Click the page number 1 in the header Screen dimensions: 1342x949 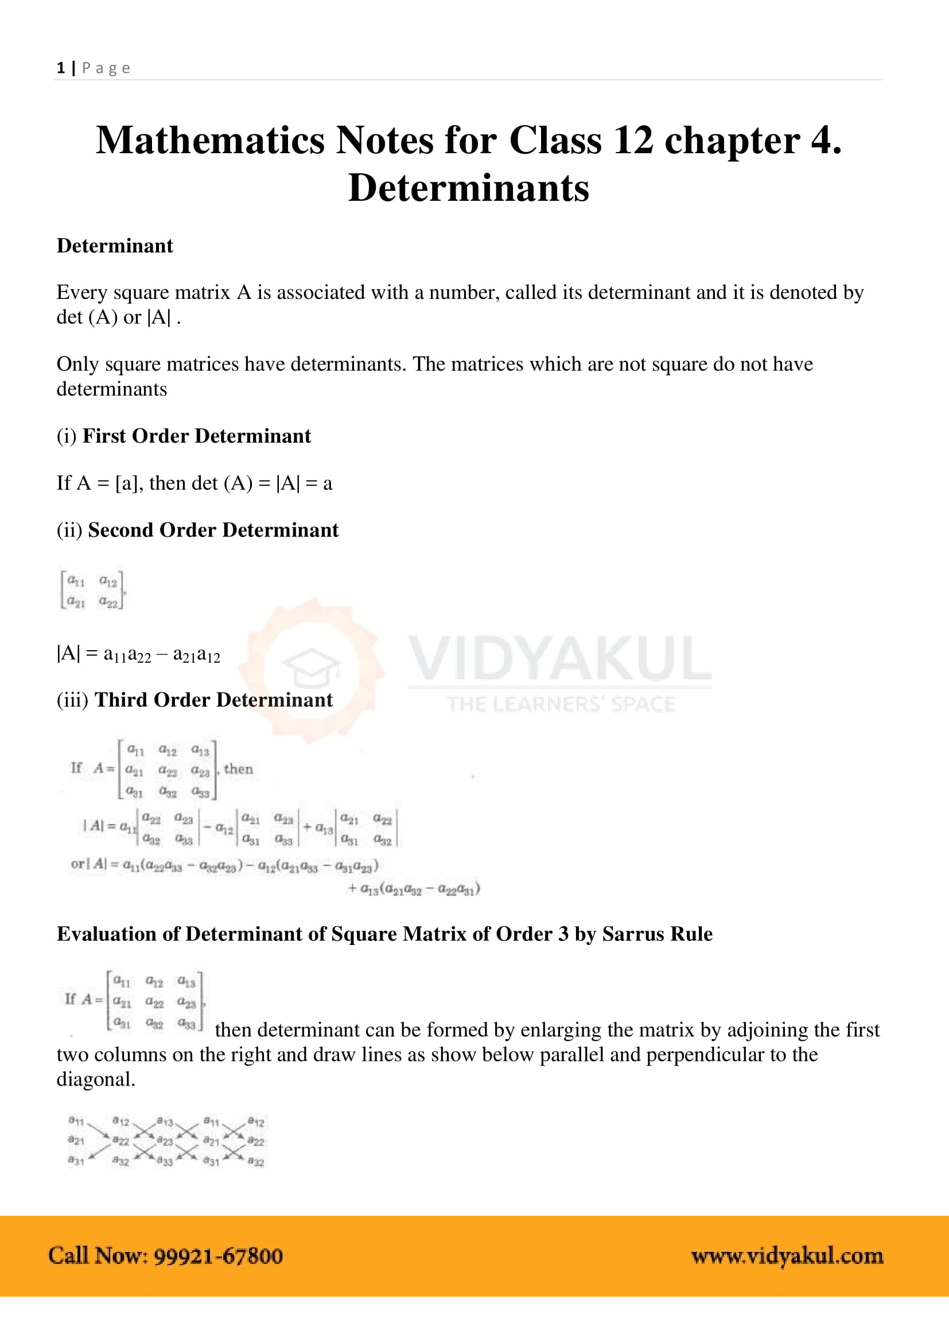(x=61, y=68)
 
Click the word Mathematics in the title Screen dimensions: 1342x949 (x=211, y=141)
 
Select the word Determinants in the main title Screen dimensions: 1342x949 (x=469, y=188)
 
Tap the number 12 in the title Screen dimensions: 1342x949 (x=633, y=141)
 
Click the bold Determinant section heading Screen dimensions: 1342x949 (x=115, y=246)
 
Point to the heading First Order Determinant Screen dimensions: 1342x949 (x=196, y=436)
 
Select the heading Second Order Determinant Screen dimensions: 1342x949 (x=213, y=530)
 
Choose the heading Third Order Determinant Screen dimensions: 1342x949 (x=213, y=700)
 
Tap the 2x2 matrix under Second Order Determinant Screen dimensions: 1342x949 (x=92, y=590)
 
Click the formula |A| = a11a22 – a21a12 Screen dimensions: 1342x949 (x=138, y=654)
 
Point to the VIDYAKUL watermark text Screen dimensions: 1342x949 (x=560, y=659)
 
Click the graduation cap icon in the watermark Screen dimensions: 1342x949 (x=310, y=667)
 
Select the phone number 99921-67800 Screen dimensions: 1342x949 (x=219, y=1256)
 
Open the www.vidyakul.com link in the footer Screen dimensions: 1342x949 (x=787, y=1256)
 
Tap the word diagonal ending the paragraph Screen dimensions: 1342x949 (x=95, y=1080)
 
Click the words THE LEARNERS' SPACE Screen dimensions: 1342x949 (x=561, y=705)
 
